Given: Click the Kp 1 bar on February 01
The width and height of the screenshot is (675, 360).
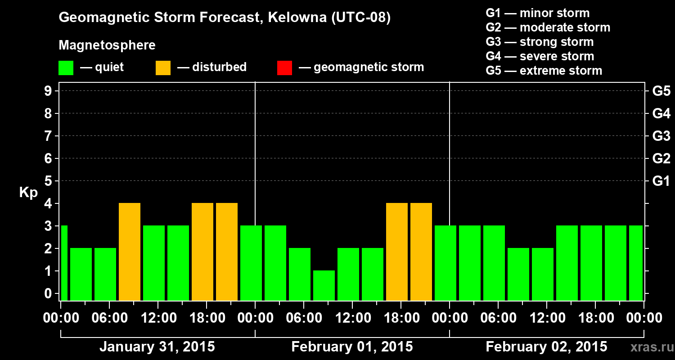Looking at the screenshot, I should [x=324, y=285].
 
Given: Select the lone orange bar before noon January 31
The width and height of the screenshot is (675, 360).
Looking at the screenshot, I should [x=130, y=252].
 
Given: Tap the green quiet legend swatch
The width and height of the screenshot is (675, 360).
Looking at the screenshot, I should [x=66, y=67].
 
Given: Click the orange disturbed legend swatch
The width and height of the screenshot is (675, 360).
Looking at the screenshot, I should [x=163, y=67].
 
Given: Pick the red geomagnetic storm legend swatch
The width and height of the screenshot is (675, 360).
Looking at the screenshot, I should [x=284, y=67].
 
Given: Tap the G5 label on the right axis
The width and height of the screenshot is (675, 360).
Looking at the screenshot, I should [x=661, y=91].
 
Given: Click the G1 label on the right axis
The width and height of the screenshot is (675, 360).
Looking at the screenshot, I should [x=661, y=181].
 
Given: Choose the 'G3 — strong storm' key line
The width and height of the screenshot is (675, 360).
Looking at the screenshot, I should [x=540, y=42].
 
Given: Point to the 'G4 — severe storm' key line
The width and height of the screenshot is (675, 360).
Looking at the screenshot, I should [x=540, y=56].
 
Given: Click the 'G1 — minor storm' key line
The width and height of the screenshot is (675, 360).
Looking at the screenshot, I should [x=538, y=13].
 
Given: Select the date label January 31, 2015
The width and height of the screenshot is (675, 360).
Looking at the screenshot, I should [x=157, y=347].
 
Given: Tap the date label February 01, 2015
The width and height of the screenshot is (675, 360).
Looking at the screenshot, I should [x=352, y=347].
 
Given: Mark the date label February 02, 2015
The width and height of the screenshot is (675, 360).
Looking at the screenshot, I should [x=546, y=347].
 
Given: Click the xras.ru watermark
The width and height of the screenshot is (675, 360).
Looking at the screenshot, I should [x=651, y=347].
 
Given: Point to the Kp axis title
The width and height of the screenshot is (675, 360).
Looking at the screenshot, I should [x=28, y=193].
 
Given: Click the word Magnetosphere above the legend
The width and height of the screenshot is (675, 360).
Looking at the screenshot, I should [x=107, y=45].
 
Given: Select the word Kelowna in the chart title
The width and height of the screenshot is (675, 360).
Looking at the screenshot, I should [x=297, y=18].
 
